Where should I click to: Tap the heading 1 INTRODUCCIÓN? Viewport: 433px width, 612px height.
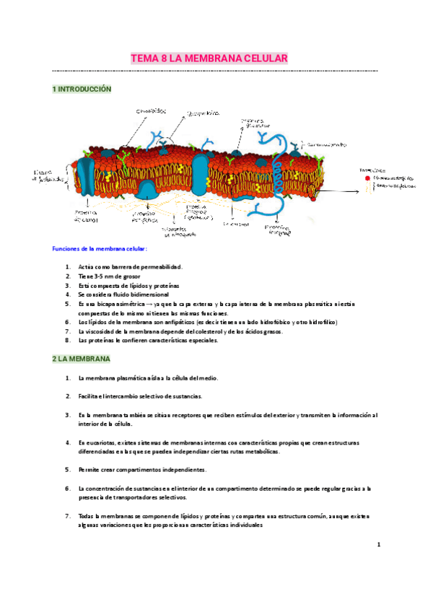[82, 89]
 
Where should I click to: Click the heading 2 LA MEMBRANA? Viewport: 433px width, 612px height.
[81, 359]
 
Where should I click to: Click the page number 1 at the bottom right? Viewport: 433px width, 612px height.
[378, 546]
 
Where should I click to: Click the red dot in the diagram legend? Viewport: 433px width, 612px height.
[367, 178]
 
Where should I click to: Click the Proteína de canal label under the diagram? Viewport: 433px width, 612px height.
[85, 217]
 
